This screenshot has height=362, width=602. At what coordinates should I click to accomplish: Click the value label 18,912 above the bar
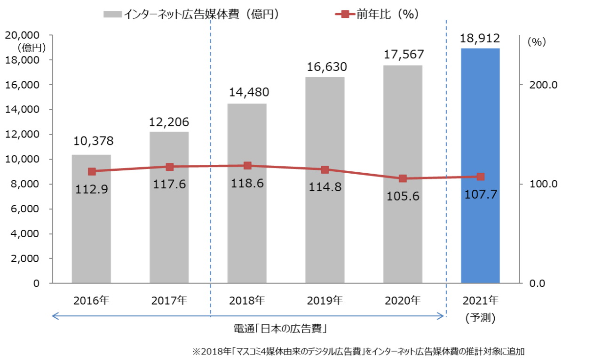[480, 38]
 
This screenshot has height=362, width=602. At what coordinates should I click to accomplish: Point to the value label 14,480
[247, 93]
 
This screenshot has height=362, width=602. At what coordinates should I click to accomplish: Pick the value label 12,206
[169, 122]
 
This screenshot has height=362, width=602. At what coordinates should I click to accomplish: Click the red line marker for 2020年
[403, 178]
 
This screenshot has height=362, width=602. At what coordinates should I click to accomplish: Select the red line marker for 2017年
[169, 167]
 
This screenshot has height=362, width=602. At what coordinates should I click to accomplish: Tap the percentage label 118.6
[247, 183]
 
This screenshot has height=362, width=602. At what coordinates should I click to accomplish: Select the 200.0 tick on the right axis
[544, 85]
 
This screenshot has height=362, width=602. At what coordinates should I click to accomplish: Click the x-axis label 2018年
[247, 300]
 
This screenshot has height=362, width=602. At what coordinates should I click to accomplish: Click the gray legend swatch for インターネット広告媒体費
[112, 15]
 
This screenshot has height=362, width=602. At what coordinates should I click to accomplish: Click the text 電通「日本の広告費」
[280, 328]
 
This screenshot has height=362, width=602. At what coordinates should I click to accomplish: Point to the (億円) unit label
[32, 47]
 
